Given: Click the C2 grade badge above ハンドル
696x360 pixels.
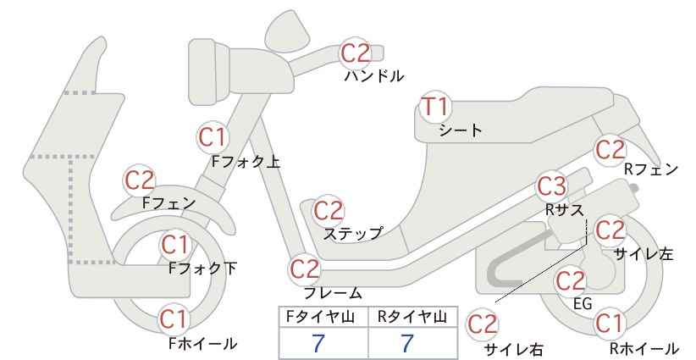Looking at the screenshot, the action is [x=355, y=53].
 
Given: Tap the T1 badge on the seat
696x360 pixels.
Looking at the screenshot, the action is [x=435, y=107].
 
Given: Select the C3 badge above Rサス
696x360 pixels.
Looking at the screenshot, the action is [x=551, y=186].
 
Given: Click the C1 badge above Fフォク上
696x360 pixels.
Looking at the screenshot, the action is [x=213, y=137].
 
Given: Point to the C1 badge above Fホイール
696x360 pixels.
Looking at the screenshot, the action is [x=175, y=320].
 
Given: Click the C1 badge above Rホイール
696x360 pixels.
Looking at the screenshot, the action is [x=609, y=324].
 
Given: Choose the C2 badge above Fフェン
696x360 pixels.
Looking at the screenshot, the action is [x=140, y=180].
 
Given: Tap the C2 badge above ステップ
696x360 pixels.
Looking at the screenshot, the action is [x=329, y=211].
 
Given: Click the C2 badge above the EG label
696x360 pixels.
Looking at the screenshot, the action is [x=571, y=281].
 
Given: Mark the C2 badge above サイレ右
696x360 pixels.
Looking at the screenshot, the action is [x=483, y=324].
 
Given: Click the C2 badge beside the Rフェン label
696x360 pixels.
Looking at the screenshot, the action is [x=610, y=150].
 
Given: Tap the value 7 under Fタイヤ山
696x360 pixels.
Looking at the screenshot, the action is [x=318, y=343].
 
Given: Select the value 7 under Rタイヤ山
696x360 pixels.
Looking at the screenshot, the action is [x=407, y=343].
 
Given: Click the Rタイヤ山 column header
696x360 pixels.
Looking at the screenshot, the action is [x=412, y=317].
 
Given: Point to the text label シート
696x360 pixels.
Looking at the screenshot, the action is [x=461, y=130].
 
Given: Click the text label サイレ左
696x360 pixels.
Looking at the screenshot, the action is [x=644, y=253].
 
